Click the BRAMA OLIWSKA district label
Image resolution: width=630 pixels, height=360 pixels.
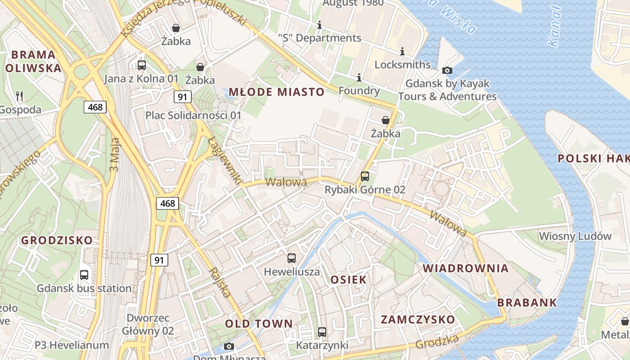coord(33,61)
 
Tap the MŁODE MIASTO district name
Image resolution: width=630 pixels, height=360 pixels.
coord(276,92)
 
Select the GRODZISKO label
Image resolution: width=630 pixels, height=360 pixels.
coord(57,240)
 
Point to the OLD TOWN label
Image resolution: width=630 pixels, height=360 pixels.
coord(259,324)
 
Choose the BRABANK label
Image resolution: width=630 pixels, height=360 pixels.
coord(527,302)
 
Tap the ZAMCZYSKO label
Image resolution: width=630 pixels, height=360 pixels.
coord(418,319)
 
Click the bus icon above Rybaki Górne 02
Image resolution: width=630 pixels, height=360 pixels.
coord(365,176)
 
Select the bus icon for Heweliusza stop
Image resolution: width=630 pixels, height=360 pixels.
coord(292,258)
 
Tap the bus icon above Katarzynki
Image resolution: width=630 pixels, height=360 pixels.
coord(322,332)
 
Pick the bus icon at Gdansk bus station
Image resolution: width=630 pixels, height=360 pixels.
coord(84,275)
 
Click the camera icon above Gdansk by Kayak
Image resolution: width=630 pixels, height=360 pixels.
coord(447,70)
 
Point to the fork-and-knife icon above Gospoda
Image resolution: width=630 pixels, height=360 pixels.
coord(19,96)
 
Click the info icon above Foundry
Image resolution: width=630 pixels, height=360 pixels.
coord(359,78)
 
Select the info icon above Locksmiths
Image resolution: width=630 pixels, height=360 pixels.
coord(402,51)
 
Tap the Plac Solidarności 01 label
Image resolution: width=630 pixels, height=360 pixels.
coord(193,115)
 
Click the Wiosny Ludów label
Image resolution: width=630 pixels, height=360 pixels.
coord(575,236)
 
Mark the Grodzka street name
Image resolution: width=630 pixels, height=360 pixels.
coord(437,342)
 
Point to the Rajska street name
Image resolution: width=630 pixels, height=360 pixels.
coord(220,283)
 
